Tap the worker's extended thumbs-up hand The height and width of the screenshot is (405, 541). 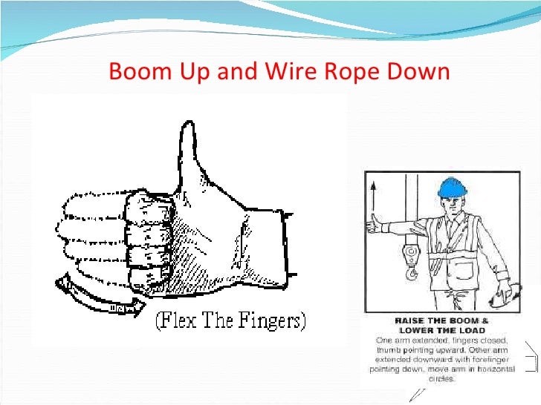point(376,222)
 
